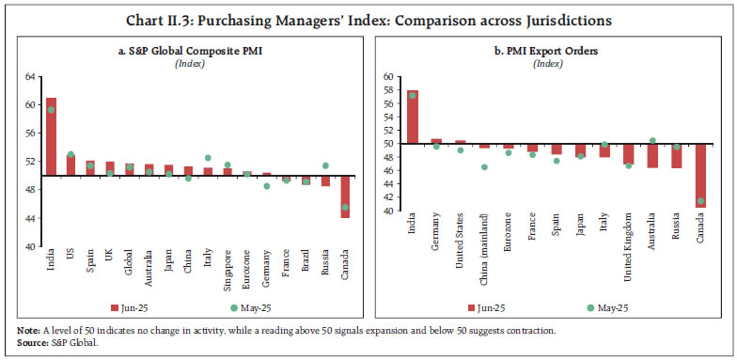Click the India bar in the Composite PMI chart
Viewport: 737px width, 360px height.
(x=51, y=136)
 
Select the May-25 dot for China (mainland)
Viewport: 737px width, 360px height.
(x=484, y=167)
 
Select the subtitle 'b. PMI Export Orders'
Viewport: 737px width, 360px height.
(x=546, y=51)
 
